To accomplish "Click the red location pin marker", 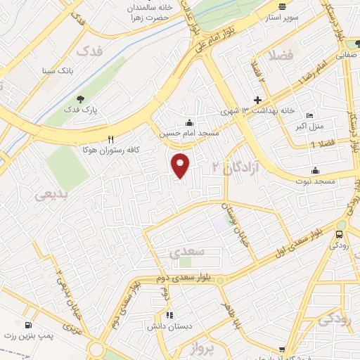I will (x=181, y=165).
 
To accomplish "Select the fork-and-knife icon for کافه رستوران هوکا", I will (x=110, y=140).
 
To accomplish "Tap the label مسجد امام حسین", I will (x=187, y=132).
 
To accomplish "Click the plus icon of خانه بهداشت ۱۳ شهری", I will (x=257, y=101).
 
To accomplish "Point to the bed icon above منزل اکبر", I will (x=310, y=116).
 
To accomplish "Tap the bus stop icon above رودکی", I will (x=341, y=234).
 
